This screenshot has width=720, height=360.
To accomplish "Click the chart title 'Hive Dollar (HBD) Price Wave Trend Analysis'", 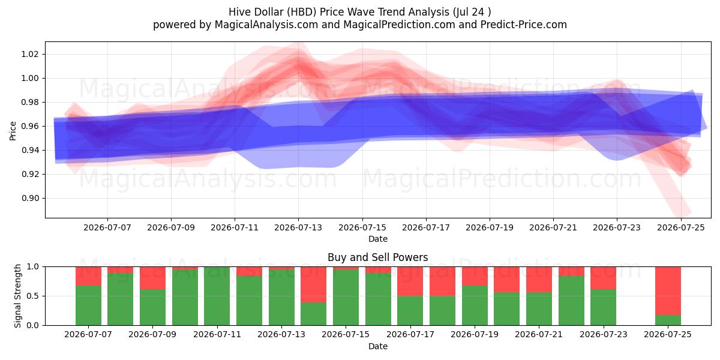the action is click(339, 12).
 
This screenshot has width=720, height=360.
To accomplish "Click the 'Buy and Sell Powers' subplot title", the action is click(377, 257).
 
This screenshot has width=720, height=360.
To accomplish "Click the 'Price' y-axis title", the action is click(13, 131).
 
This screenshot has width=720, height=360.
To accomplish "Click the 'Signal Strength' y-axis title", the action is click(17, 296).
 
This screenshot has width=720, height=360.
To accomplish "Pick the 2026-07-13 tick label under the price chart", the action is click(298, 227).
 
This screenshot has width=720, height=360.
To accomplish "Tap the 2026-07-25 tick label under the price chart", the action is click(681, 227).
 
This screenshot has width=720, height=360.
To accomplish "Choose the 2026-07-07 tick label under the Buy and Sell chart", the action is click(88, 334).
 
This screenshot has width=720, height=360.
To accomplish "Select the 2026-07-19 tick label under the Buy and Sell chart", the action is click(475, 334).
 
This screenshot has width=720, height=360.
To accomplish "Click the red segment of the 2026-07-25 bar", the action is click(668, 291).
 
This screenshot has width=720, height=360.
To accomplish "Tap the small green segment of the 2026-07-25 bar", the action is click(668, 320).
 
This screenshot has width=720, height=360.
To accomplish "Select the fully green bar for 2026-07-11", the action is click(217, 296).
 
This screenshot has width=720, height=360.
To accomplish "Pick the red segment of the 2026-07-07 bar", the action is click(88, 276).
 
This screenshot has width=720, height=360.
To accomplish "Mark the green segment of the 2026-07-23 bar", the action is click(604, 307).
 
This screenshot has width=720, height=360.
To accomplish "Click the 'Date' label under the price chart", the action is click(377, 239).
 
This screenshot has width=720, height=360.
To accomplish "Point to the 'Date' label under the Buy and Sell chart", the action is click(377, 346).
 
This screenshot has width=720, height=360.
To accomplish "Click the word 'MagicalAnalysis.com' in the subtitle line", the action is click(266, 25).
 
